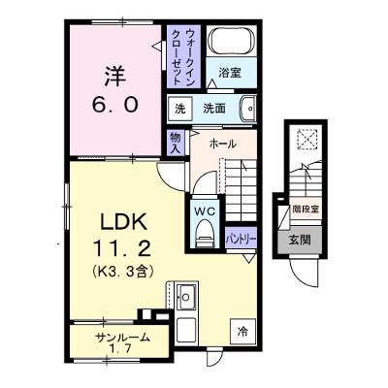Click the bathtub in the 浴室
click(x=231, y=41)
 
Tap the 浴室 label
click(x=230, y=73)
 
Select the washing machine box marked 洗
click(x=180, y=109)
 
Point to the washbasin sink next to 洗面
click(x=247, y=109)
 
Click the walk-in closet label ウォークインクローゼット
click(x=183, y=57)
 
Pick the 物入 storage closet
click(x=176, y=143)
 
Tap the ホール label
click(x=223, y=144)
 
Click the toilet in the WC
click(x=205, y=233)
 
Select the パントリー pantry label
click(x=241, y=240)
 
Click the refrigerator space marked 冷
click(x=242, y=331)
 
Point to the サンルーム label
click(x=122, y=339)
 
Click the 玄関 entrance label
click(x=300, y=240)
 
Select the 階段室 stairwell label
click(x=306, y=210)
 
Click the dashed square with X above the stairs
click(x=307, y=139)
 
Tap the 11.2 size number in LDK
click(x=122, y=249)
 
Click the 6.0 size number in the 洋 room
click(x=115, y=104)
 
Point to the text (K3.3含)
click(x=122, y=271)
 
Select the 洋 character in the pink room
click(x=115, y=77)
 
